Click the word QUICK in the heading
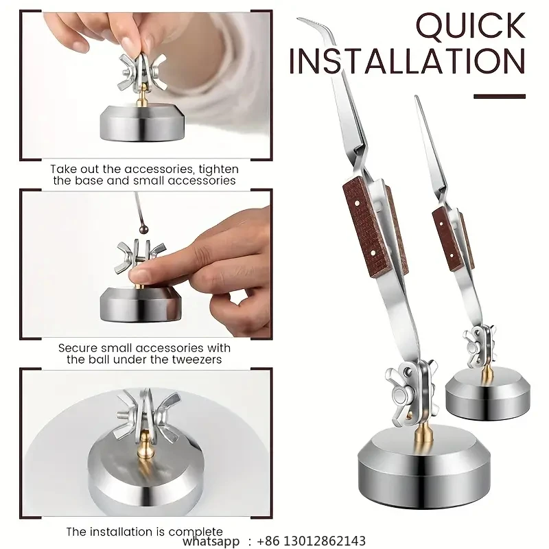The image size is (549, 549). pos(471,26)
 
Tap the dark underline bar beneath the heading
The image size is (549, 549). pos(500,96)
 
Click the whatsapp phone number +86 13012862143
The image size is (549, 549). pos(312,541)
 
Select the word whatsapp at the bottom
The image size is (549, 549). pos(211,541)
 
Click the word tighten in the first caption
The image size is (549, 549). pos(218,170)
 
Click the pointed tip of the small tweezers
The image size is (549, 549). pos(417,99)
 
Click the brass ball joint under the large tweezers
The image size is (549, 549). pos(423,434)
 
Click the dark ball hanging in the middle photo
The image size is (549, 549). pos(143,230)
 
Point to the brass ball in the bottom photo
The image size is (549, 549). pos(144,445)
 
